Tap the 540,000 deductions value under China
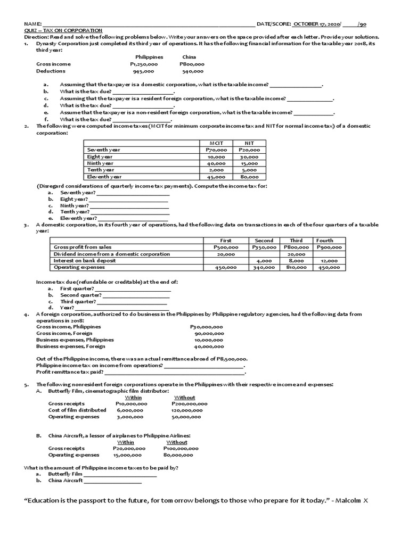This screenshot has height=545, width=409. click(x=192, y=71)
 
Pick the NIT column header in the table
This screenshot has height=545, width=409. click(x=249, y=143)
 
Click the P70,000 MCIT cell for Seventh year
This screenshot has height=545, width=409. click(x=216, y=150)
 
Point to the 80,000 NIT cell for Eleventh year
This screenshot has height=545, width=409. click(x=249, y=177)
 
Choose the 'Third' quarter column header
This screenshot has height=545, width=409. click(x=296, y=241)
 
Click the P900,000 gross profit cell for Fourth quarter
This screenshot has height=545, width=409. click(x=329, y=247)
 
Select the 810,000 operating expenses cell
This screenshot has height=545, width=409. click(x=296, y=268)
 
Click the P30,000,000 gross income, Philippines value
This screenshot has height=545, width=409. click(x=207, y=327)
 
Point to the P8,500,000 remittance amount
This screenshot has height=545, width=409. click(x=232, y=359)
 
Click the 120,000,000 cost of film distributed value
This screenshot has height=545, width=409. click(x=189, y=410)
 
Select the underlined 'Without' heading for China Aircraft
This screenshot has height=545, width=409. click(x=177, y=442)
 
